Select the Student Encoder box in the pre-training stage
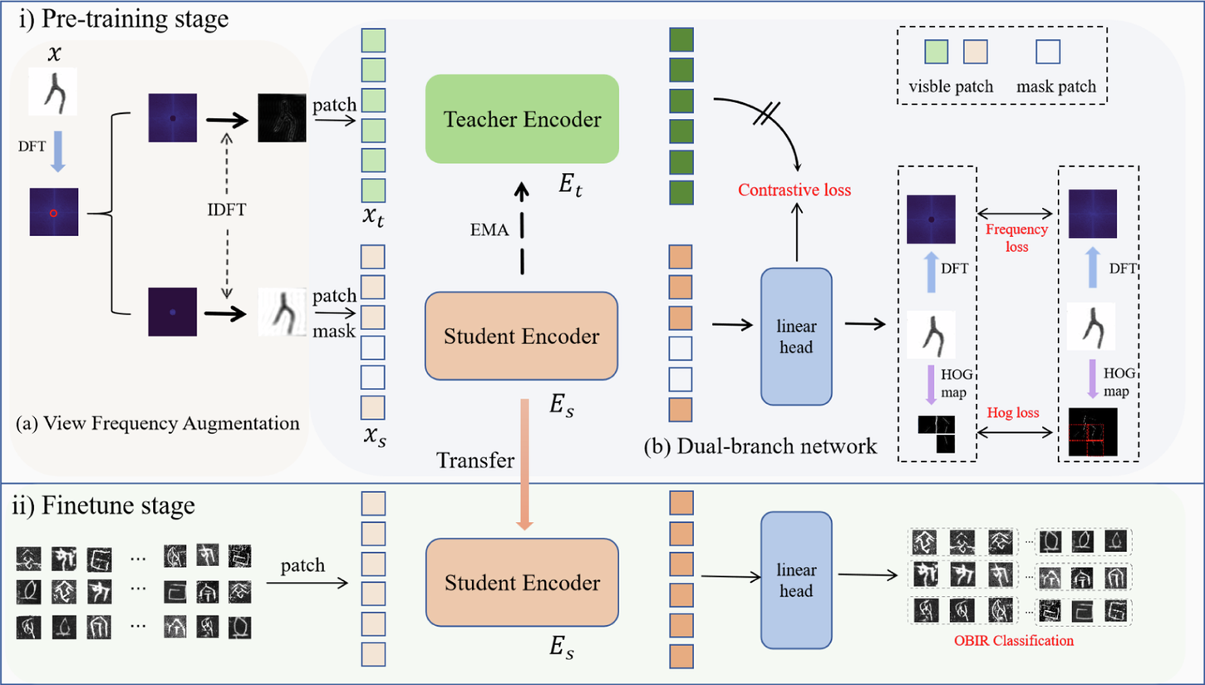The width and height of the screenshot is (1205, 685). click(521, 338)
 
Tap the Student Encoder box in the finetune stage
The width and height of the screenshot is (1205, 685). click(521, 583)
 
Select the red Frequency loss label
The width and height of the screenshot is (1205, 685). click(1006, 238)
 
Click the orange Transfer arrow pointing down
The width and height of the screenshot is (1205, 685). click(524, 466)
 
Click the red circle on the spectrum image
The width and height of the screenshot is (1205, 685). click(53, 214)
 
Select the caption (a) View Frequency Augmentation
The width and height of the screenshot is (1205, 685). click(158, 423)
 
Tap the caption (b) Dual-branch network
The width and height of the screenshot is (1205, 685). click(760, 447)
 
